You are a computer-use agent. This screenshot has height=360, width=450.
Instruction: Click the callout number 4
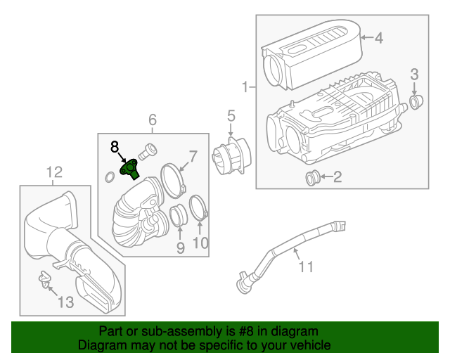click(x=378, y=39)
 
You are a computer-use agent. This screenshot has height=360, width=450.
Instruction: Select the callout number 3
click(x=414, y=74)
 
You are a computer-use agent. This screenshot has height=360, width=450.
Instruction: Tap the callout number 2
click(x=337, y=177)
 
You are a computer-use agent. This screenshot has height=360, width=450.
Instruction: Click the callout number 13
click(x=65, y=302)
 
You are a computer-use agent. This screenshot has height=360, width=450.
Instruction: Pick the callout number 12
click(x=54, y=172)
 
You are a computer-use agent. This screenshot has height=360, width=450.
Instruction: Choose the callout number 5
click(x=231, y=116)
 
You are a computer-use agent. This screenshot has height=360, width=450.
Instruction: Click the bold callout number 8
click(x=115, y=146)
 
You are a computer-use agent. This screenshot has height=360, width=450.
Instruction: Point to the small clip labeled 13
click(x=46, y=281)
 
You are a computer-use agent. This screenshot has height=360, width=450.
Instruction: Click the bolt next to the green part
click(x=148, y=150)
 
